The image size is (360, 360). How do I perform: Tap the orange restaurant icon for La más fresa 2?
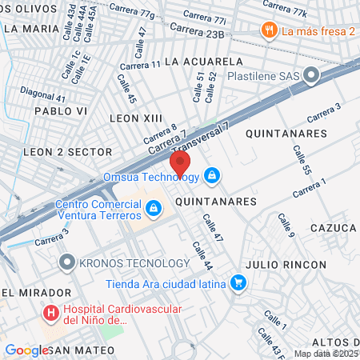(x=267, y=30)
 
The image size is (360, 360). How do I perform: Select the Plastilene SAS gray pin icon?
(x=312, y=75)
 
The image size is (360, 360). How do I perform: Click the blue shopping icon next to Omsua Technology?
(x=212, y=174)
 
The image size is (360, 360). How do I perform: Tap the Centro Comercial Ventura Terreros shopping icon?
(x=152, y=209)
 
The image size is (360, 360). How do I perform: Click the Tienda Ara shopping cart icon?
(x=238, y=282)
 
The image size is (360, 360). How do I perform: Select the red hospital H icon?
(x=51, y=312)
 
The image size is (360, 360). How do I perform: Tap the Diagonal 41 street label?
(x=43, y=93)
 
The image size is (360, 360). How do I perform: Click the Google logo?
(x=26, y=350)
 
